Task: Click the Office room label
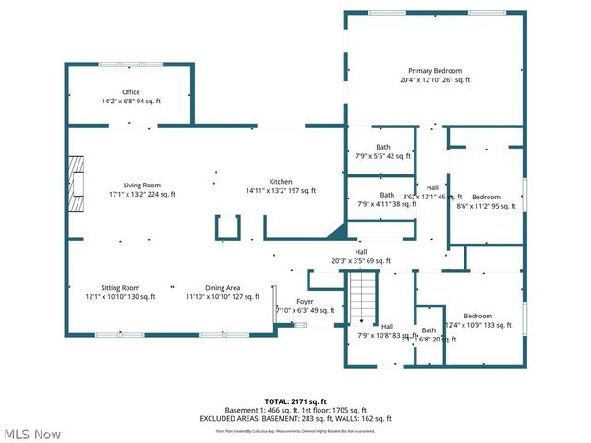(x=130, y=91)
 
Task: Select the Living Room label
(x=142, y=185)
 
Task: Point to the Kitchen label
(x=281, y=181)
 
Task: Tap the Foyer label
(x=305, y=302)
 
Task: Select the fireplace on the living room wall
(x=77, y=178)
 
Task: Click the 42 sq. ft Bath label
(x=382, y=147)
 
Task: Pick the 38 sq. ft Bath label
(x=386, y=195)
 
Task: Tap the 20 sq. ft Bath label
(x=428, y=330)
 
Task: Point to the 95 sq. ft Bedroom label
(x=486, y=197)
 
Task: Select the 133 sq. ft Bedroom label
(x=477, y=316)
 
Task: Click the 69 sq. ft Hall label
(x=361, y=252)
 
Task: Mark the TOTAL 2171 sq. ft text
(x=295, y=402)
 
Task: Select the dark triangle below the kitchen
(x=335, y=233)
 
